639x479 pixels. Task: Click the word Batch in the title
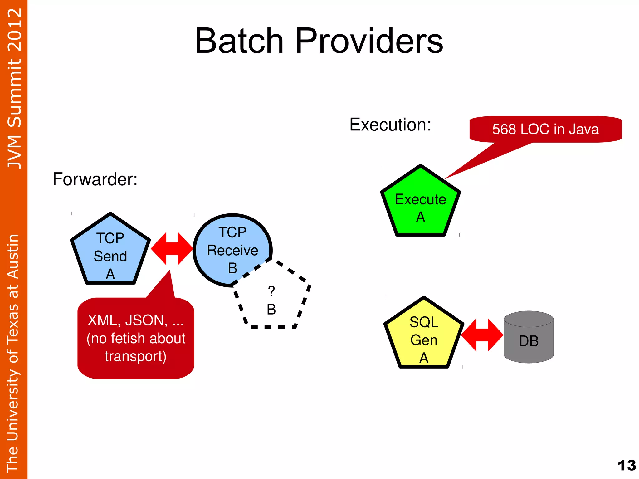tap(239, 41)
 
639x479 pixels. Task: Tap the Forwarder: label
tap(95, 179)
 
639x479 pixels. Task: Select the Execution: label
tap(390, 125)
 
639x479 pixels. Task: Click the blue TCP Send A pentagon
tap(110, 253)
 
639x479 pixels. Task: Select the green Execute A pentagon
tap(420, 206)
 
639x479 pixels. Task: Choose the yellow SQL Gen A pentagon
tap(423, 337)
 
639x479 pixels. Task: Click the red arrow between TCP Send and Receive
tap(172, 248)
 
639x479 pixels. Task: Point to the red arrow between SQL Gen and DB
tap(482, 335)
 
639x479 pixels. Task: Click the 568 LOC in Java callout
tap(545, 129)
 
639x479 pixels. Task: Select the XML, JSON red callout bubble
tap(136, 339)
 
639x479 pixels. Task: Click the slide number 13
tap(627, 465)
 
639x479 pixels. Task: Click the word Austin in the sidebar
tap(13, 256)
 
